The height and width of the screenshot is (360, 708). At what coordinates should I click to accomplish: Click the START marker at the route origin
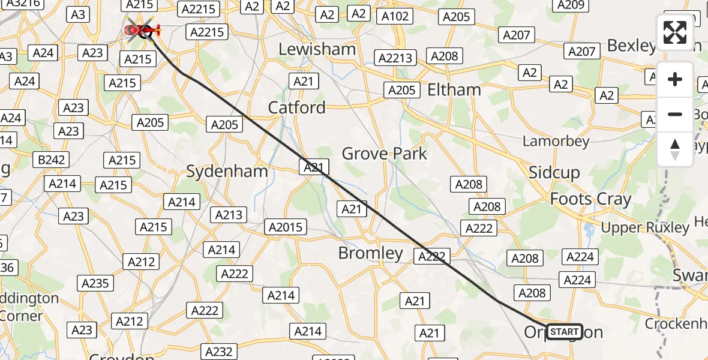(x=564, y=332)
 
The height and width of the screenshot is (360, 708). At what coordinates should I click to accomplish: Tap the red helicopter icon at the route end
(x=142, y=29)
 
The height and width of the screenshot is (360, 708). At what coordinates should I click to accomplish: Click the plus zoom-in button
(x=675, y=79)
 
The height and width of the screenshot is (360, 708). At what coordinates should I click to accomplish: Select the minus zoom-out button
(x=675, y=114)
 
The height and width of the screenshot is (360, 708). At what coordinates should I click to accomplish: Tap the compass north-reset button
(x=675, y=149)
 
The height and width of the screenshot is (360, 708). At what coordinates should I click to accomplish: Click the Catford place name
(x=296, y=108)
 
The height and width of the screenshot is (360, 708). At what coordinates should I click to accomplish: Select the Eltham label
(x=454, y=90)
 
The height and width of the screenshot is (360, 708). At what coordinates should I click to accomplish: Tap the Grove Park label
(x=384, y=154)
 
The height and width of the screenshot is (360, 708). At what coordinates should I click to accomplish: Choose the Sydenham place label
(x=227, y=172)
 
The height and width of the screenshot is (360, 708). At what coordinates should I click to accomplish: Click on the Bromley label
(x=370, y=253)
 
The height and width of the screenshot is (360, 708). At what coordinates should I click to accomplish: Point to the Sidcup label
(x=554, y=173)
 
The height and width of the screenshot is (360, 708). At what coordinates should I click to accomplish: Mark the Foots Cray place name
(x=590, y=199)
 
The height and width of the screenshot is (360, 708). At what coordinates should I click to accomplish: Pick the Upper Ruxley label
(x=645, y=228)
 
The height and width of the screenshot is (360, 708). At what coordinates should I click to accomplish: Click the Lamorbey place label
(x=556, y=142)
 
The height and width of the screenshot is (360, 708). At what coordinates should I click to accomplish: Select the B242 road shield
(x=51, y=160)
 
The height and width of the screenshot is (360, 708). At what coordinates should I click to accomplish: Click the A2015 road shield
(x=286, y=227)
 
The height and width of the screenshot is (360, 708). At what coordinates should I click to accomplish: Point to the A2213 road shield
(x=395, y=58)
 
